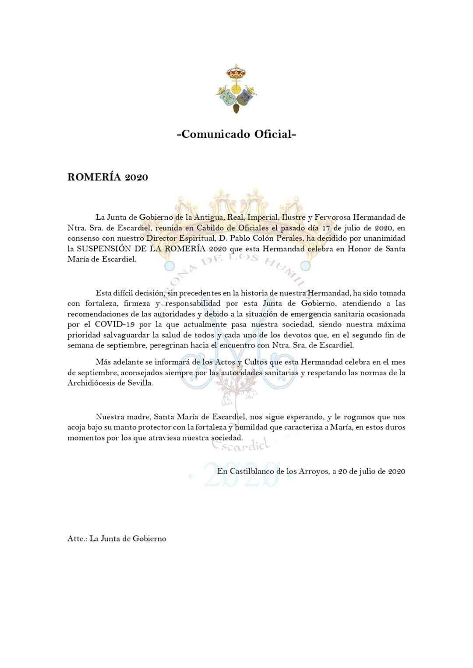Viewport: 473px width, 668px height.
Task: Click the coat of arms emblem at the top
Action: click(236, 89)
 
